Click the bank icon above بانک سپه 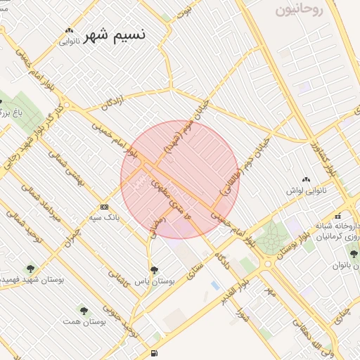coord(105,207)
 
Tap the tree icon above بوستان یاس coord(154,269)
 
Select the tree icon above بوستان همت coord(84,309)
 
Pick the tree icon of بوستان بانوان coord(354,254)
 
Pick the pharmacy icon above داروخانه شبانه coord(338,215)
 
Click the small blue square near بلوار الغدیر coord(214,284)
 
